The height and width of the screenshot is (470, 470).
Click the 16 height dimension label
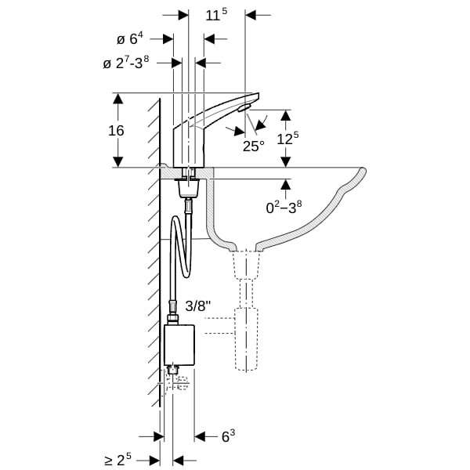pos(116,131)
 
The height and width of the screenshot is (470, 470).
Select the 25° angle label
pos(254,146)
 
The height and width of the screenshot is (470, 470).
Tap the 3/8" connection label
pos(198,306)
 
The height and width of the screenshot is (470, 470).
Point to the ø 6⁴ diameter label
pos(130,38)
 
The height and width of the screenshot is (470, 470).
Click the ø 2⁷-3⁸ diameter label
pos(126,63)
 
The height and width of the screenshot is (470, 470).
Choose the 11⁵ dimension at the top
pos(216,15)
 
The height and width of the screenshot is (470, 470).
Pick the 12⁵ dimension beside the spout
pos(287,138)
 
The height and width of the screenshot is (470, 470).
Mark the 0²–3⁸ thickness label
pos(284,207)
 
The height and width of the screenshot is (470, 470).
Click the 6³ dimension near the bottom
pos(228,436)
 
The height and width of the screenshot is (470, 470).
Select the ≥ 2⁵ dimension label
pos(117,460)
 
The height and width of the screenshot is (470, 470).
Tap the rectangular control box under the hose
pos(179,345)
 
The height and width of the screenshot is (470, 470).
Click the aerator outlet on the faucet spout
pos(244,107)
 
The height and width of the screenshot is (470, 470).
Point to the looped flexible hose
pos(180,247)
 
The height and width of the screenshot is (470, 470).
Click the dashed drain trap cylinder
pos(246,338)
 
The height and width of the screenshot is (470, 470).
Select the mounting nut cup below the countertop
pos(188,188)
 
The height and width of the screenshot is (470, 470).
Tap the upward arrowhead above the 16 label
pos(118,99)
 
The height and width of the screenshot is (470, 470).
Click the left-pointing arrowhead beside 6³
pos(200,436)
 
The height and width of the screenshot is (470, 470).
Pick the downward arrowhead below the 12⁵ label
pos(286,161)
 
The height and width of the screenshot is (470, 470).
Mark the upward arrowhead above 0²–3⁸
pos(286,184)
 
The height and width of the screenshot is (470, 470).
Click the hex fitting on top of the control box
pos(173,319)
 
